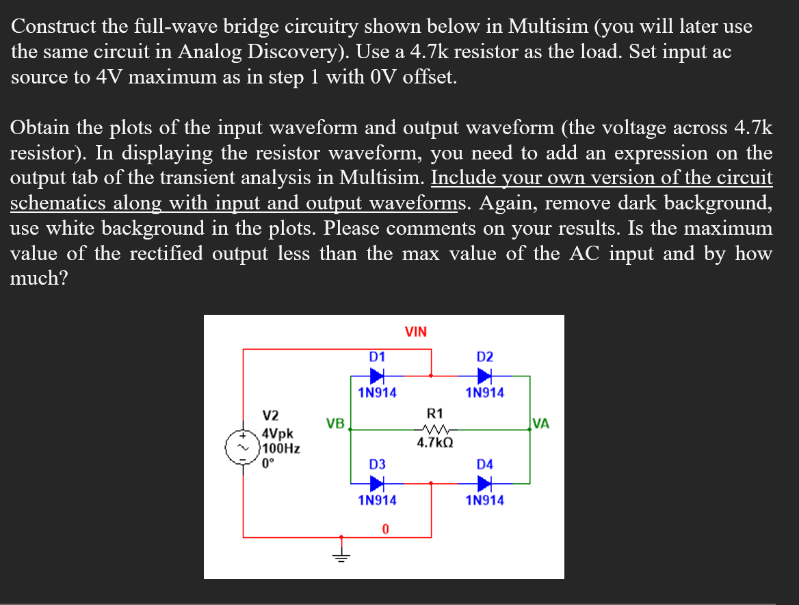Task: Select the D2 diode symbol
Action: (x=484, y=376)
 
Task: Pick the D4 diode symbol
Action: (x=484, y=483)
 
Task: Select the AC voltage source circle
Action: (x=242, y=446)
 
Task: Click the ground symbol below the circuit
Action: (x=341, y=555)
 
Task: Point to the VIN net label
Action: (x=416, y=333)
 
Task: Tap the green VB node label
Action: (x=335, y=424)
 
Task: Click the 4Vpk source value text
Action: (x=278, y=435)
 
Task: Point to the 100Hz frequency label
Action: (x=282, y=448)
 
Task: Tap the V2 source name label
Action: (x=272, y=415)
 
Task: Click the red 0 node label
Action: (x=386, y=529)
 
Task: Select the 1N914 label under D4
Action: (x=484, y=500)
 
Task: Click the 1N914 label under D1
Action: (x=377, y=393)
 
